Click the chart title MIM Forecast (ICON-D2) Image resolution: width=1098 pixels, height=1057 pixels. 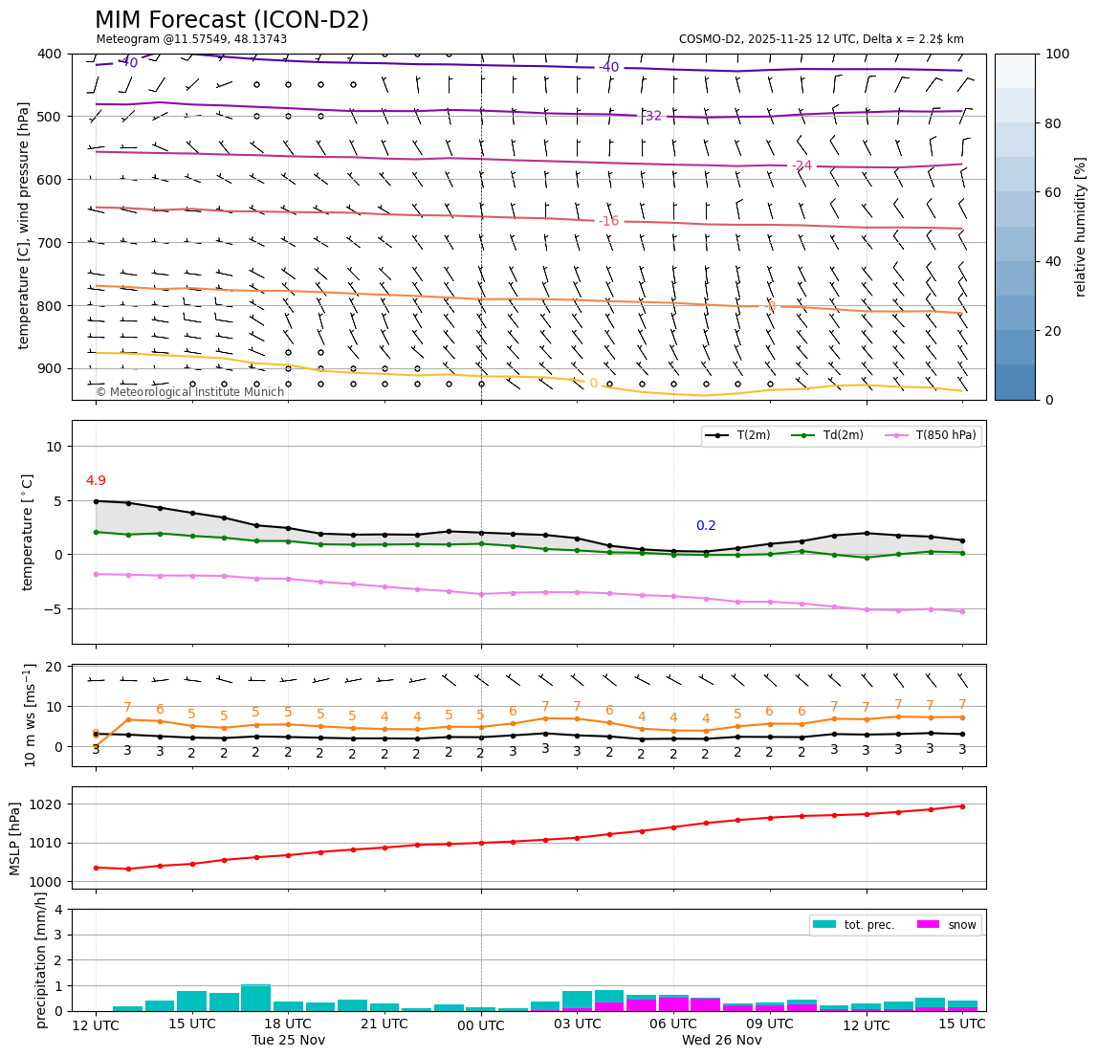231,20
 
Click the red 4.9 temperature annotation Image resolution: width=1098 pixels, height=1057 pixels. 96,481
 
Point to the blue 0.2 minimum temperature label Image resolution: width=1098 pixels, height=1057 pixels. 706,526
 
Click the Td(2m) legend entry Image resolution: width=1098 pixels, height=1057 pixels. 843,436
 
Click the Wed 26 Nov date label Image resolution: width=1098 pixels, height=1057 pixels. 721,1041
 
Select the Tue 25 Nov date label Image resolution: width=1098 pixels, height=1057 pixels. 288,1041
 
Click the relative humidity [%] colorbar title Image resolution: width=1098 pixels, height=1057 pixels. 1081,227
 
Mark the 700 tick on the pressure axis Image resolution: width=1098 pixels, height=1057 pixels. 50,243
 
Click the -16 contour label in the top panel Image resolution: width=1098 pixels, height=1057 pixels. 608,221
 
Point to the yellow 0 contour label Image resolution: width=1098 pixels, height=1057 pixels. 593,384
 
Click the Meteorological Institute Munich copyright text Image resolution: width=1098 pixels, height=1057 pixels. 189,392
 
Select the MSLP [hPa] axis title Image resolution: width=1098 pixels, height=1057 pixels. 15,839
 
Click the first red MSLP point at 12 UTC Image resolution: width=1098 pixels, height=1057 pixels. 96,868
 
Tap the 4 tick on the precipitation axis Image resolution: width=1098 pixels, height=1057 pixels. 59,910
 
